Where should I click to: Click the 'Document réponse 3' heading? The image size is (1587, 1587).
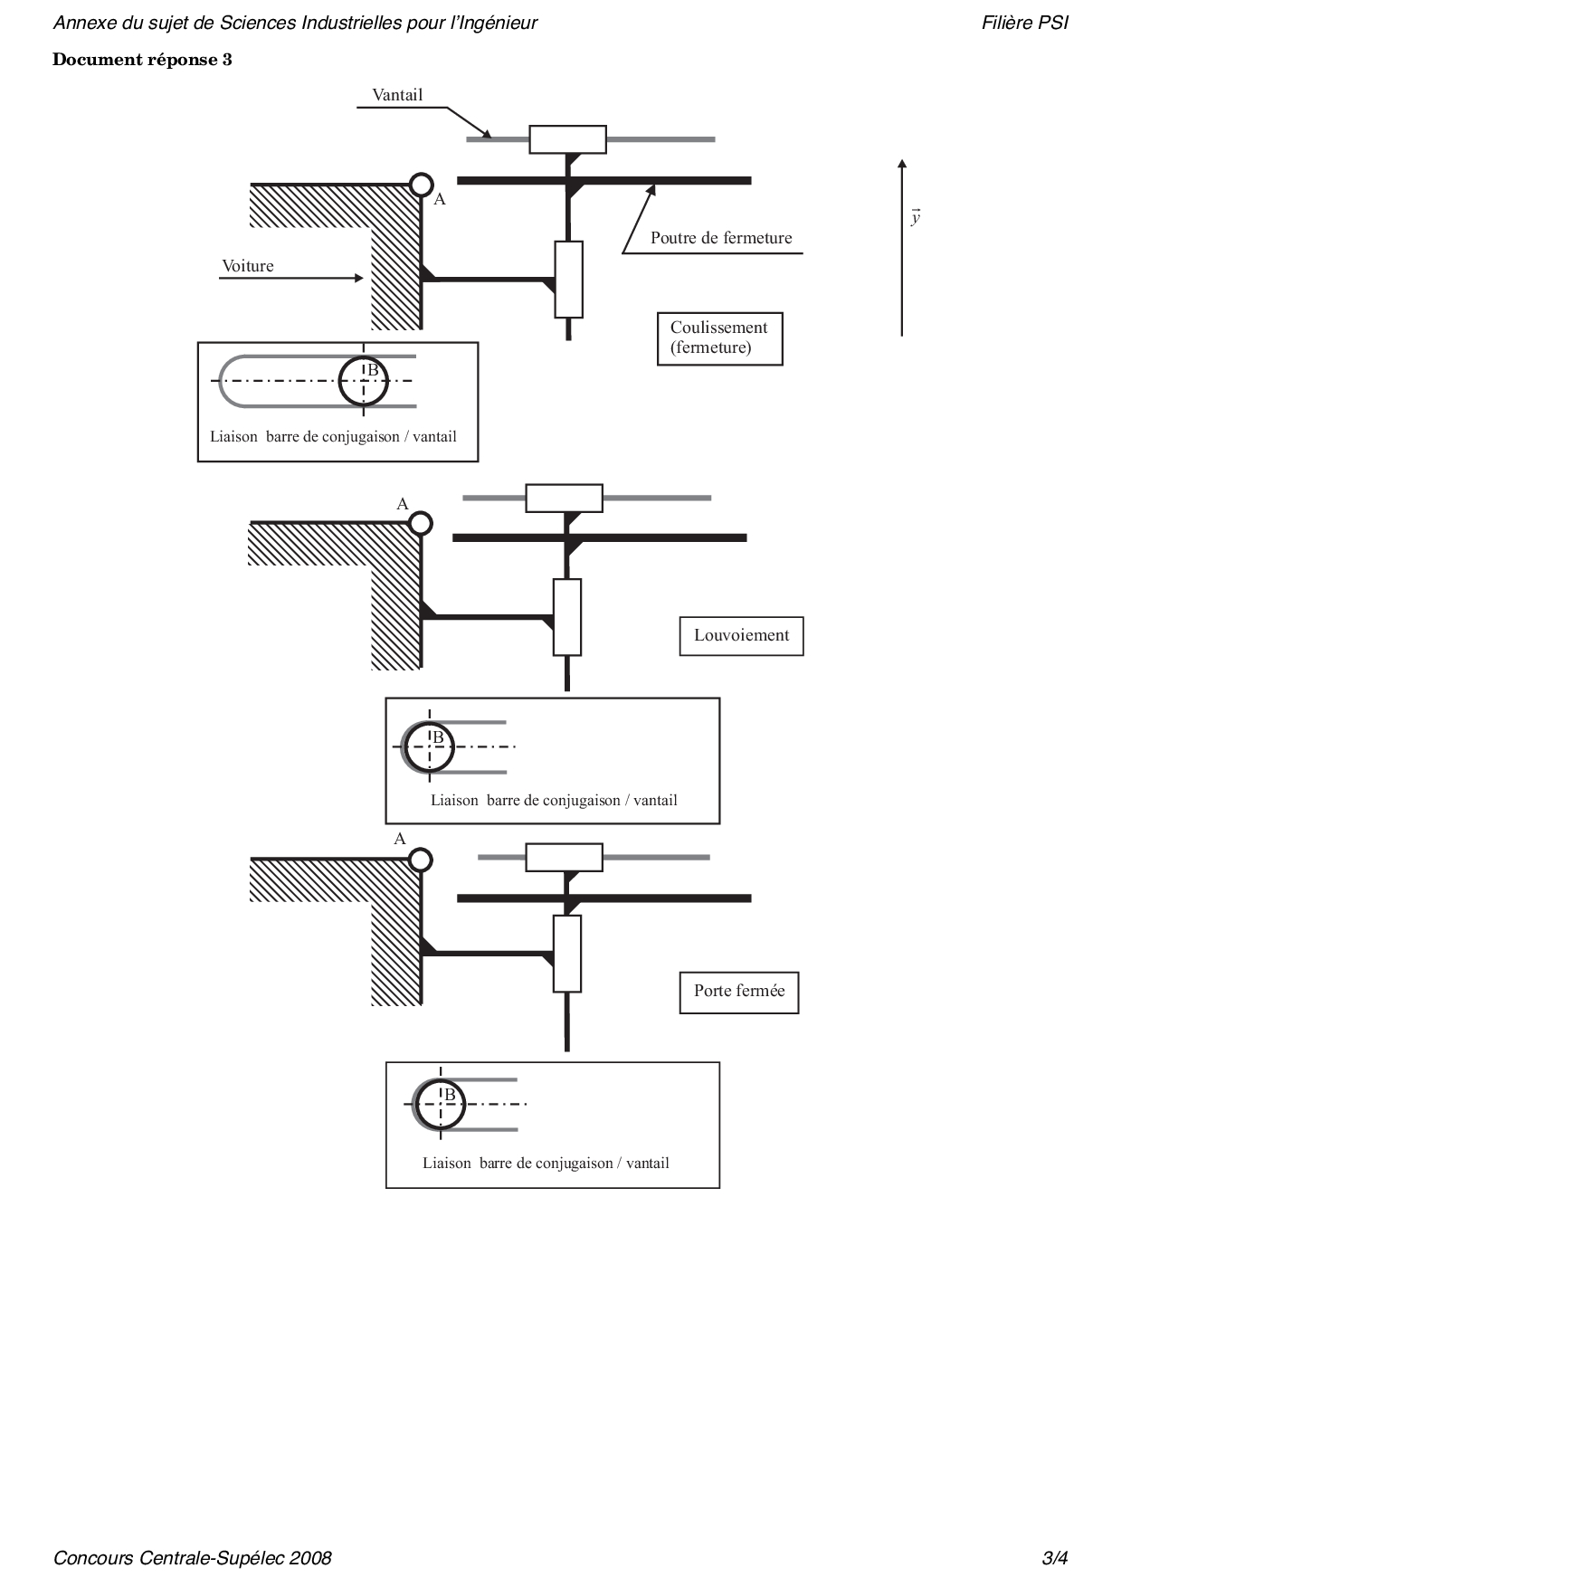[142, 60]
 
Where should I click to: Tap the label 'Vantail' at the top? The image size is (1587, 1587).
[397, 95]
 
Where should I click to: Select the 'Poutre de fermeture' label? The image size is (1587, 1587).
[721, 238]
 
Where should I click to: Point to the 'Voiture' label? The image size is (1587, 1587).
[248, 266]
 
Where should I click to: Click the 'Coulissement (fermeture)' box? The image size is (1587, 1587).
[719, 338]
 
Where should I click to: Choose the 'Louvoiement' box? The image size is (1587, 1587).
[741, 635]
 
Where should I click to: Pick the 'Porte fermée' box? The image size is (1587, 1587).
[739, 992]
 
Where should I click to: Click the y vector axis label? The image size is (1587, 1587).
[916, 217]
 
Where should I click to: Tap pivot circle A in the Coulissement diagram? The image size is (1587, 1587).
[422, 185]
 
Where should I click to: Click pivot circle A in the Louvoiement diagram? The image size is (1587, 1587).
[421, 523]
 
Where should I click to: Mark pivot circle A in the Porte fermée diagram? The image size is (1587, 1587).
[421, 860]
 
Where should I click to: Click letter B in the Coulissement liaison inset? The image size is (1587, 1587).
[372, 370]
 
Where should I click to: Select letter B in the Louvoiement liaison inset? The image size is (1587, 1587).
[439, 737]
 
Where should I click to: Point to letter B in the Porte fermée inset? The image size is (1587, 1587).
[450, 1096]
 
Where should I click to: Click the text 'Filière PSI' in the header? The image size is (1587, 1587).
[1024, 24]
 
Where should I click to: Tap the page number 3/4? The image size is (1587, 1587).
[1055, 1558]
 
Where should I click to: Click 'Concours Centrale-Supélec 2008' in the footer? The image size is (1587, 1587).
[193, 1558]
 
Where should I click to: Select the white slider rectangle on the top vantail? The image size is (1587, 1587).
[567, 139]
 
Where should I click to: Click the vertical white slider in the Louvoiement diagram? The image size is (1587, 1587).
[567, 617]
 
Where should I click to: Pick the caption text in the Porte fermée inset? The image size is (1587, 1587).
[546, 1164]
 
